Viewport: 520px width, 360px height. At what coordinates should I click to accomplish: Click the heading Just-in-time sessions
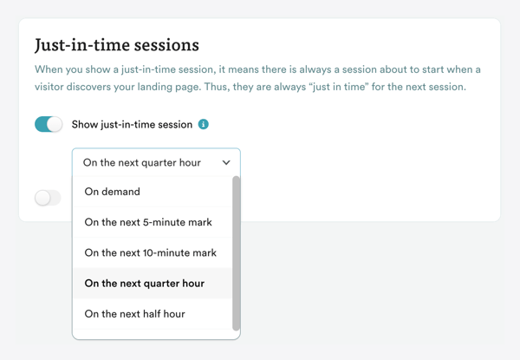(x=117, y=44)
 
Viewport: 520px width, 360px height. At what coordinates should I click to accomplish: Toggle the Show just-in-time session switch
(x=49, y=124)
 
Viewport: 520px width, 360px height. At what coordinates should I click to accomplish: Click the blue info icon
(x=204, y=124)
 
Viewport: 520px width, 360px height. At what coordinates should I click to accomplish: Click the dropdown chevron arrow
(x=226, y=162)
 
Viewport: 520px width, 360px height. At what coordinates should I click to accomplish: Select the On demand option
(x=112, y=192)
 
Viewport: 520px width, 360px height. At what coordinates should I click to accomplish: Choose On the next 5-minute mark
(x=148, y=222)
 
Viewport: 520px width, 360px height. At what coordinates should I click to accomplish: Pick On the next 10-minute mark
(x=151, y=252)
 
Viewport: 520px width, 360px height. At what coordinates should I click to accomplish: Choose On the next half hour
(x=134, y=313)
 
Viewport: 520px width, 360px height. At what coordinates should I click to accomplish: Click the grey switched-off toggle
(x=49, y=198)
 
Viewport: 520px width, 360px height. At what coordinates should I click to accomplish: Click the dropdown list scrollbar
(x=237, y=252)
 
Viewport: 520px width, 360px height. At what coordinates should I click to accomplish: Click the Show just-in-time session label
(x=132, y=124)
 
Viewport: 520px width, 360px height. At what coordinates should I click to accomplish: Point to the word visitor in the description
(x=53, y=86)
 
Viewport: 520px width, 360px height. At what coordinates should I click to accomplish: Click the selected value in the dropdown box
(x=142, y=162)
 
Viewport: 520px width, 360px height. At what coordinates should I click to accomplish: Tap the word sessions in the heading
(x=168, y=44)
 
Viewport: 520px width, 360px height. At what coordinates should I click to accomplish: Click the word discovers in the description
(x=100, y=86)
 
